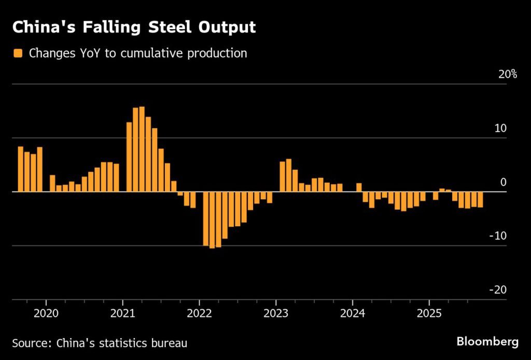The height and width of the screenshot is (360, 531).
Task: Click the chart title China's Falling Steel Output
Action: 134,27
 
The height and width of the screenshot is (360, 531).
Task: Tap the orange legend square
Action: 18,53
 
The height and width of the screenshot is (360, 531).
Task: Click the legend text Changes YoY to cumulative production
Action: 138,53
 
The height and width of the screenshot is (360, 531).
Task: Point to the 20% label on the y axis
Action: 508,74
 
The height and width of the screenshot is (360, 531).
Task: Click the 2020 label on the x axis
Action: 46,314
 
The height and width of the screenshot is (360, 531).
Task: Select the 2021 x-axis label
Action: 123,314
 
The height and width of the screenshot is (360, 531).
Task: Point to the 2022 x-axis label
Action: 200,314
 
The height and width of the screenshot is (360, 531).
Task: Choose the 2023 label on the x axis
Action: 276,314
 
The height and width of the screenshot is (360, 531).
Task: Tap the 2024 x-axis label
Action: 353,314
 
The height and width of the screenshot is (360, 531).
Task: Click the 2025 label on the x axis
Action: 429,314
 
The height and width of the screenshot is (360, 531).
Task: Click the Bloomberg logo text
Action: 487,342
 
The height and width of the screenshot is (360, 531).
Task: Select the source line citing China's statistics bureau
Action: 100,343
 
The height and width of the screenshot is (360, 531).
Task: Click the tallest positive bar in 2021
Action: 142,149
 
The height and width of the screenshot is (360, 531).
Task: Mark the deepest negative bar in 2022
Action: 212,220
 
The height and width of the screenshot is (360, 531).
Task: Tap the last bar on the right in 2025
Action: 480,200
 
